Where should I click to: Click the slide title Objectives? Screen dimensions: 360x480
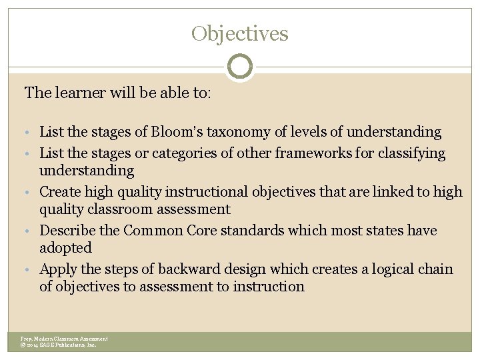click(240, 33)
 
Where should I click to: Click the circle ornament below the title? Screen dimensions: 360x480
click(240, 67)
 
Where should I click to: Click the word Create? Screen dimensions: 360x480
click(61, 192)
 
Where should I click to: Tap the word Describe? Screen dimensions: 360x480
click(67, 231)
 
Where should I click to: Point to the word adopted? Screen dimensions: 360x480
click(65, 248)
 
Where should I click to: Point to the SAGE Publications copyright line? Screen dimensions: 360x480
click(59, 345)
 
